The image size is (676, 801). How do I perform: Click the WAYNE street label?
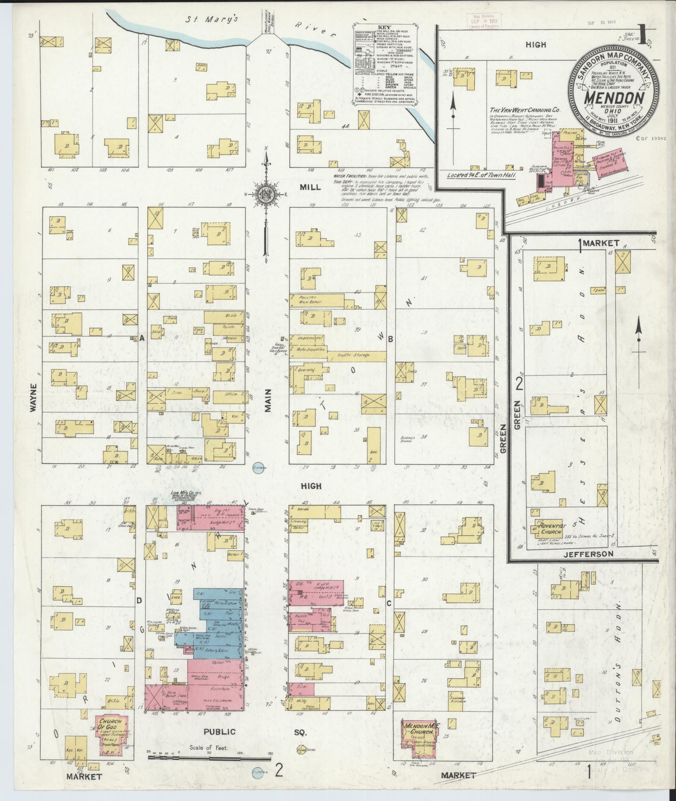[x=33, y=398]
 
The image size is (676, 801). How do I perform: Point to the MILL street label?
[x=310, y=187]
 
